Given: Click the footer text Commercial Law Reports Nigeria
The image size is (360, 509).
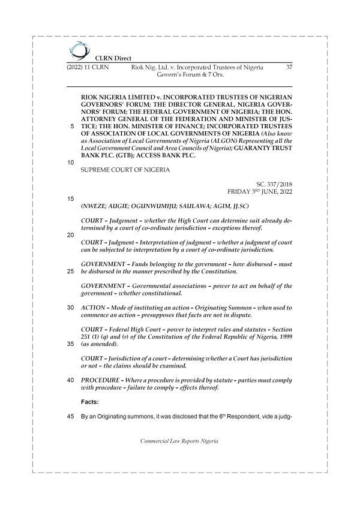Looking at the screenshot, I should [x=180, y=441].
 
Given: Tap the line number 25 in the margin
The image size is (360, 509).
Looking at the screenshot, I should [x=71, y=271].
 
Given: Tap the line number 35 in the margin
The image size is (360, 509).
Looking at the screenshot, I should [x=71, y=344].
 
